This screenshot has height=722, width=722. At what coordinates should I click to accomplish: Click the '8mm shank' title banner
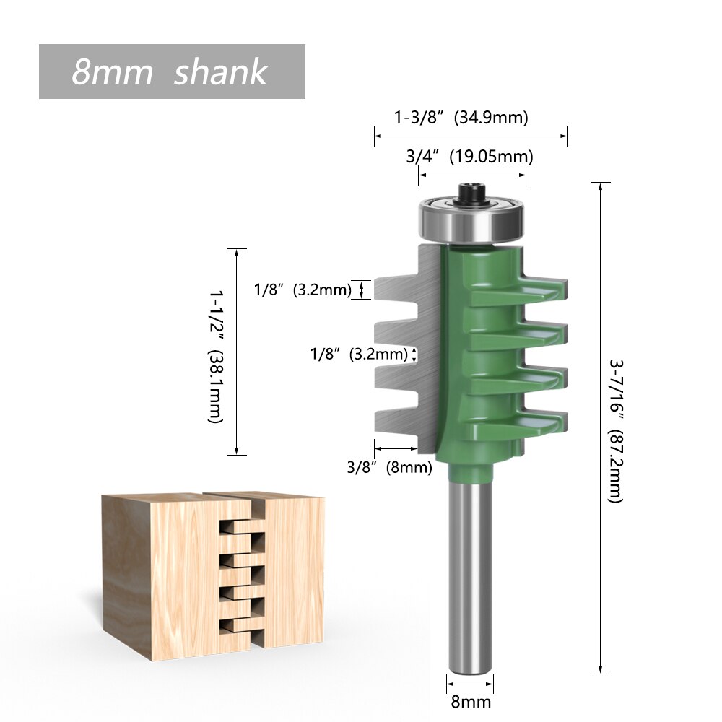pyautogui.click(x=172, y=71)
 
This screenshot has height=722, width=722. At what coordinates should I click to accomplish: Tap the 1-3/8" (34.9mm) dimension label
pyautogui.click(x=461, y=117)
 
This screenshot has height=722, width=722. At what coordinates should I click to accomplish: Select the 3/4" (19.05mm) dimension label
pyautogui.click(x=469, y=156)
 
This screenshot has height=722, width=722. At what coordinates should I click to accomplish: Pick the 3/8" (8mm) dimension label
pyautogui.click(x=389, y=467)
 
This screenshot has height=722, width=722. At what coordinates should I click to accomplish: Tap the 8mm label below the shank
pyautogui.click(x=471, y=701)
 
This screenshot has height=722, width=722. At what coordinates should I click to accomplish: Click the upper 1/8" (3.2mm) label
pyautogui.click(x=302, y=290)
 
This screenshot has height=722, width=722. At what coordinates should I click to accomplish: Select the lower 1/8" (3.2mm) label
pyautogui.click(x=358, y=354)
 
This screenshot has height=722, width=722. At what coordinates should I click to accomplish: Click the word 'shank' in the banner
pyautogui.click(x=220, y=72)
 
